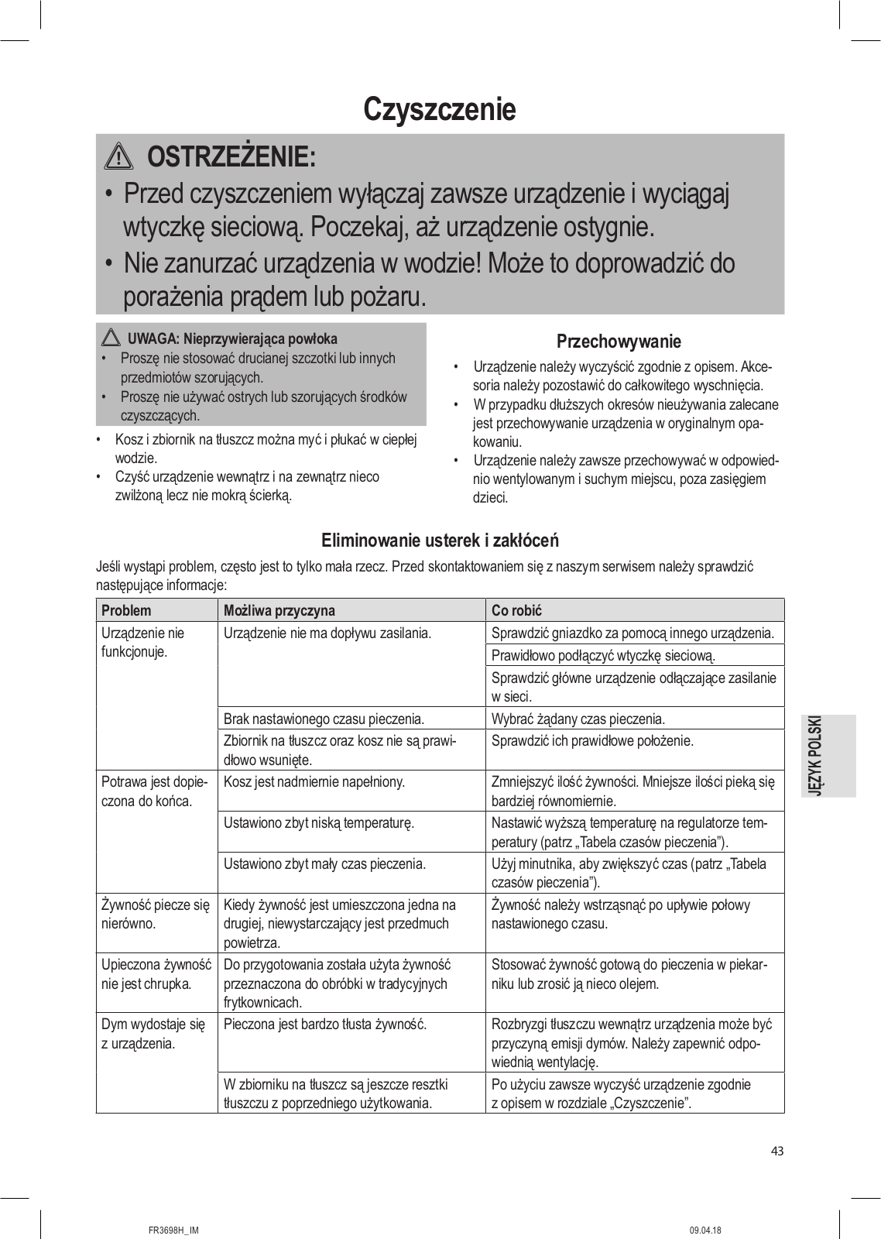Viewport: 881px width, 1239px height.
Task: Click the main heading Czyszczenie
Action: [439, 109]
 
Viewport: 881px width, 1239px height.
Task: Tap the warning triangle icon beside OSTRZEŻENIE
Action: [118, 157]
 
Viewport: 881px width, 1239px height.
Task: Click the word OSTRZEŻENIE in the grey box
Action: [231, 157]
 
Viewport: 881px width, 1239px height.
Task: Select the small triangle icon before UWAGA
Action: [111, 338]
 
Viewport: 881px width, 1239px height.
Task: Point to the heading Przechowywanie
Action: [619, 341]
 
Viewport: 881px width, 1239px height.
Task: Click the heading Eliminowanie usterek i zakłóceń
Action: [440, 540]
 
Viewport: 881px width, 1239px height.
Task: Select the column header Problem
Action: [126, 610]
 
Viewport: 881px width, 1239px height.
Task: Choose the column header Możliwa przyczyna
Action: [279, 610]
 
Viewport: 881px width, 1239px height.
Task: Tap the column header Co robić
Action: [516, 610]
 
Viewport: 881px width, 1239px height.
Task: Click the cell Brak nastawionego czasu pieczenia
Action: [324, 719]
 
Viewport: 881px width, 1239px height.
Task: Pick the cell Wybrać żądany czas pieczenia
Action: [578, 719]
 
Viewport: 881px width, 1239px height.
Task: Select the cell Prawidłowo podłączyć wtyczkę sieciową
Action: [603, 655]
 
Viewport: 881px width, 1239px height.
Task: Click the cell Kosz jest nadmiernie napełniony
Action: [314, 782]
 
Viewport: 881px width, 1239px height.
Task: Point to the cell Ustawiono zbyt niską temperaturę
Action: [318, 822]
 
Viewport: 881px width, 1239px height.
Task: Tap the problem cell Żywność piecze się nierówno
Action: [156, 914]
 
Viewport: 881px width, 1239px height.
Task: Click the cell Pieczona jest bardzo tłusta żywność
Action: [325, 1024]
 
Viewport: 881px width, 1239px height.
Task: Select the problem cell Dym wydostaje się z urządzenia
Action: [153, 1034]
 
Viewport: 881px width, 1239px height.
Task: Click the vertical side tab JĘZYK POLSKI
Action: [829, 755]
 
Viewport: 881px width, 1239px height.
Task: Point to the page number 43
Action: [777, 1151]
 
